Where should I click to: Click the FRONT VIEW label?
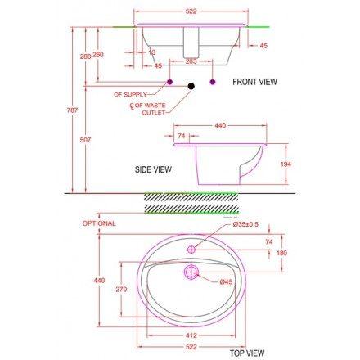point(254,82)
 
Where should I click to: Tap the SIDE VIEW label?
point(153,169)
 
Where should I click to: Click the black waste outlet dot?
point(191,84)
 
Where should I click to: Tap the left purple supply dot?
point(170,83)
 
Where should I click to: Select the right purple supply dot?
point(213,83)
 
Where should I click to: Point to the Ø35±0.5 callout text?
point(245,224)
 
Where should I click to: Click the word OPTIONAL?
point(99,223)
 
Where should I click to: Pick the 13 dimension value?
point(152,52)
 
